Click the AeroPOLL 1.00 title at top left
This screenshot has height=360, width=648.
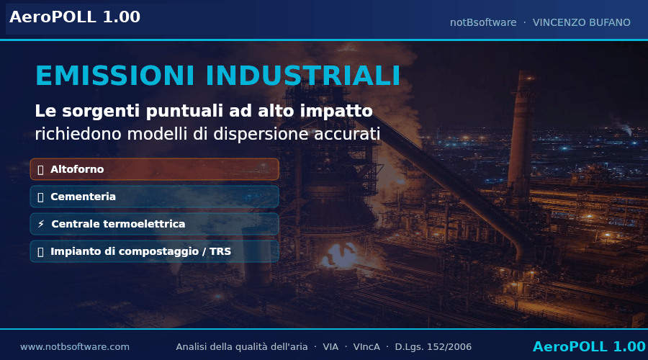75,17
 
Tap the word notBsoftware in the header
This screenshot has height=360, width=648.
483,22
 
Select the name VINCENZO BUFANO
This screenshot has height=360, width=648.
582,22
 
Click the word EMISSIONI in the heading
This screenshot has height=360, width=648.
115,76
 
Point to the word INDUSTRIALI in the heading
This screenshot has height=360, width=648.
303,76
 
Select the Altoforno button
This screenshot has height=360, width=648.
155,169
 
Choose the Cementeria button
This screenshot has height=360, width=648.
155,197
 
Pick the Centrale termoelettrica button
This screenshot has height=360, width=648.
155,224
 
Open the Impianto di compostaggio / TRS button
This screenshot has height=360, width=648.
155,251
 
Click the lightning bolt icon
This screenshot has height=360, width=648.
41,224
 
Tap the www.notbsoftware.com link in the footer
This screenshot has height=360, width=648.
75,347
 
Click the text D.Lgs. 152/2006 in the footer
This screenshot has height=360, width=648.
433,347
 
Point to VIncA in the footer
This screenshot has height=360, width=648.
366,347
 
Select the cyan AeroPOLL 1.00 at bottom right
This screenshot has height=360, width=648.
589,346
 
